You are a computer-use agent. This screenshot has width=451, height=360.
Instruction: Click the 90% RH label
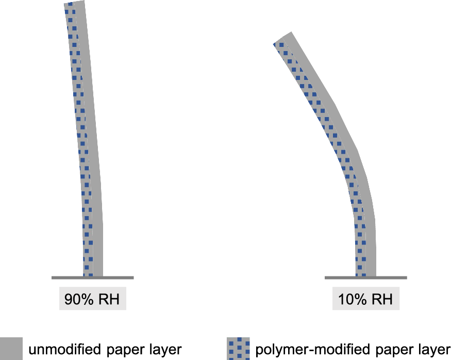[x=93, y=299]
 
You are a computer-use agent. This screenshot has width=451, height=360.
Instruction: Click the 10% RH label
[x=365, y=299]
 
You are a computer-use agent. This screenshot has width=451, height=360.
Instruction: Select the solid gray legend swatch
[x=11, y=349]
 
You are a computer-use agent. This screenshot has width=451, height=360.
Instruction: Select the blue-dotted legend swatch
[x=238, y=349]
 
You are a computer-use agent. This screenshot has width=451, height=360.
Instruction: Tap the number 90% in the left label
[x=76, y=299]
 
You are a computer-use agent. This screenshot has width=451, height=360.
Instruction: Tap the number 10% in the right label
[x=349, y=299]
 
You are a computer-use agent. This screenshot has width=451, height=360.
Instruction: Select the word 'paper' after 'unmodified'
[x=124, y=349]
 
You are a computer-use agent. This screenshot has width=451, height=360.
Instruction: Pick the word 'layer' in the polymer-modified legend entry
[x=433, y=349]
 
